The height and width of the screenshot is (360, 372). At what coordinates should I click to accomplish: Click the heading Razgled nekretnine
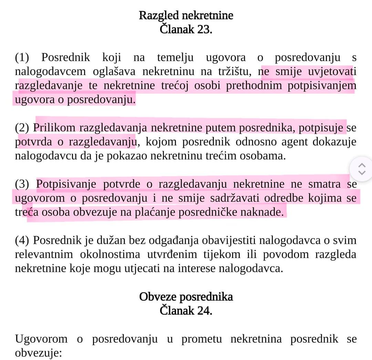[x=186, y=16]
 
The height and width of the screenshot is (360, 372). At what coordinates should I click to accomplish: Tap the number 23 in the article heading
[x=203, y=29]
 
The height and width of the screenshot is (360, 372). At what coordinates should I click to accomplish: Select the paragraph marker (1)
[x=22, y=58]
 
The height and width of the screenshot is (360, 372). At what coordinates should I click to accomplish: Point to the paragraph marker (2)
[x=22, y=128]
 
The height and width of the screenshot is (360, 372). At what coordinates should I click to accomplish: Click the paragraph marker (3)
[x=22, y=184]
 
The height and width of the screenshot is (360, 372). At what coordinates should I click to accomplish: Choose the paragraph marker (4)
[x=22, y=240]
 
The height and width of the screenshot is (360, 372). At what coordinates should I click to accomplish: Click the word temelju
[x=175, y=58]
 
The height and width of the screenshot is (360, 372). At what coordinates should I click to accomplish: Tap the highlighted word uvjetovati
[x=332, y=72]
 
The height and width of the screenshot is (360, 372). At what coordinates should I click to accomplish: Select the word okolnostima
[x=110, y=255]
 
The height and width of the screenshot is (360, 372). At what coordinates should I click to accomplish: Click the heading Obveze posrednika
[x=186, y=297]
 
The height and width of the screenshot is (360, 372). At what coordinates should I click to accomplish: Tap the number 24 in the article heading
[x=203, y=311]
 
